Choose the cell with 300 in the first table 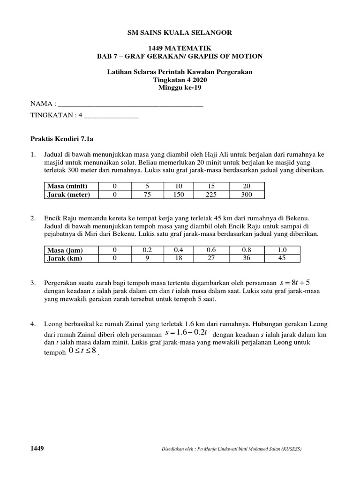[x=247, y=194]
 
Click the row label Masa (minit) [x=70, y=186]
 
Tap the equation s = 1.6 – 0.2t [x=187, y=333]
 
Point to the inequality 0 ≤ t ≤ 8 [x=82, y=352]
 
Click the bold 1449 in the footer [x=37, y=449]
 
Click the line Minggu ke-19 [x=180, y=88]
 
